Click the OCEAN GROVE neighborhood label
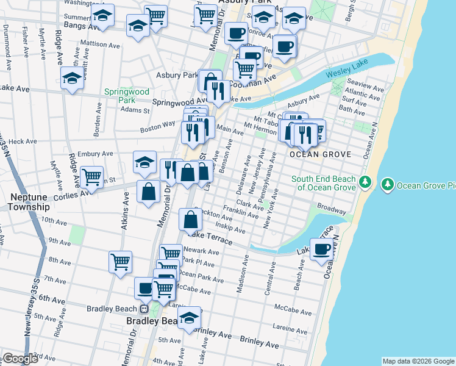tap(321, 154)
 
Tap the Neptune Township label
tap(29, 202)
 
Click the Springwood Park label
tap(127, 96)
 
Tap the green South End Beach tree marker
tap(365, 182)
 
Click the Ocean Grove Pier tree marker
tap(387, 184)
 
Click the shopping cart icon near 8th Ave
tap(120, 262)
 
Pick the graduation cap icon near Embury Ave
tap(145, 162)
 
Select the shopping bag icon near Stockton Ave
tap(191, 219)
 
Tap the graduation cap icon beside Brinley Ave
tap(190, 317)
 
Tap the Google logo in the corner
tap(20, 359)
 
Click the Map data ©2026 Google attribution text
tap(418, 361)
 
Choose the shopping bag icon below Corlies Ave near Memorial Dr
tap(148, 192)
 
